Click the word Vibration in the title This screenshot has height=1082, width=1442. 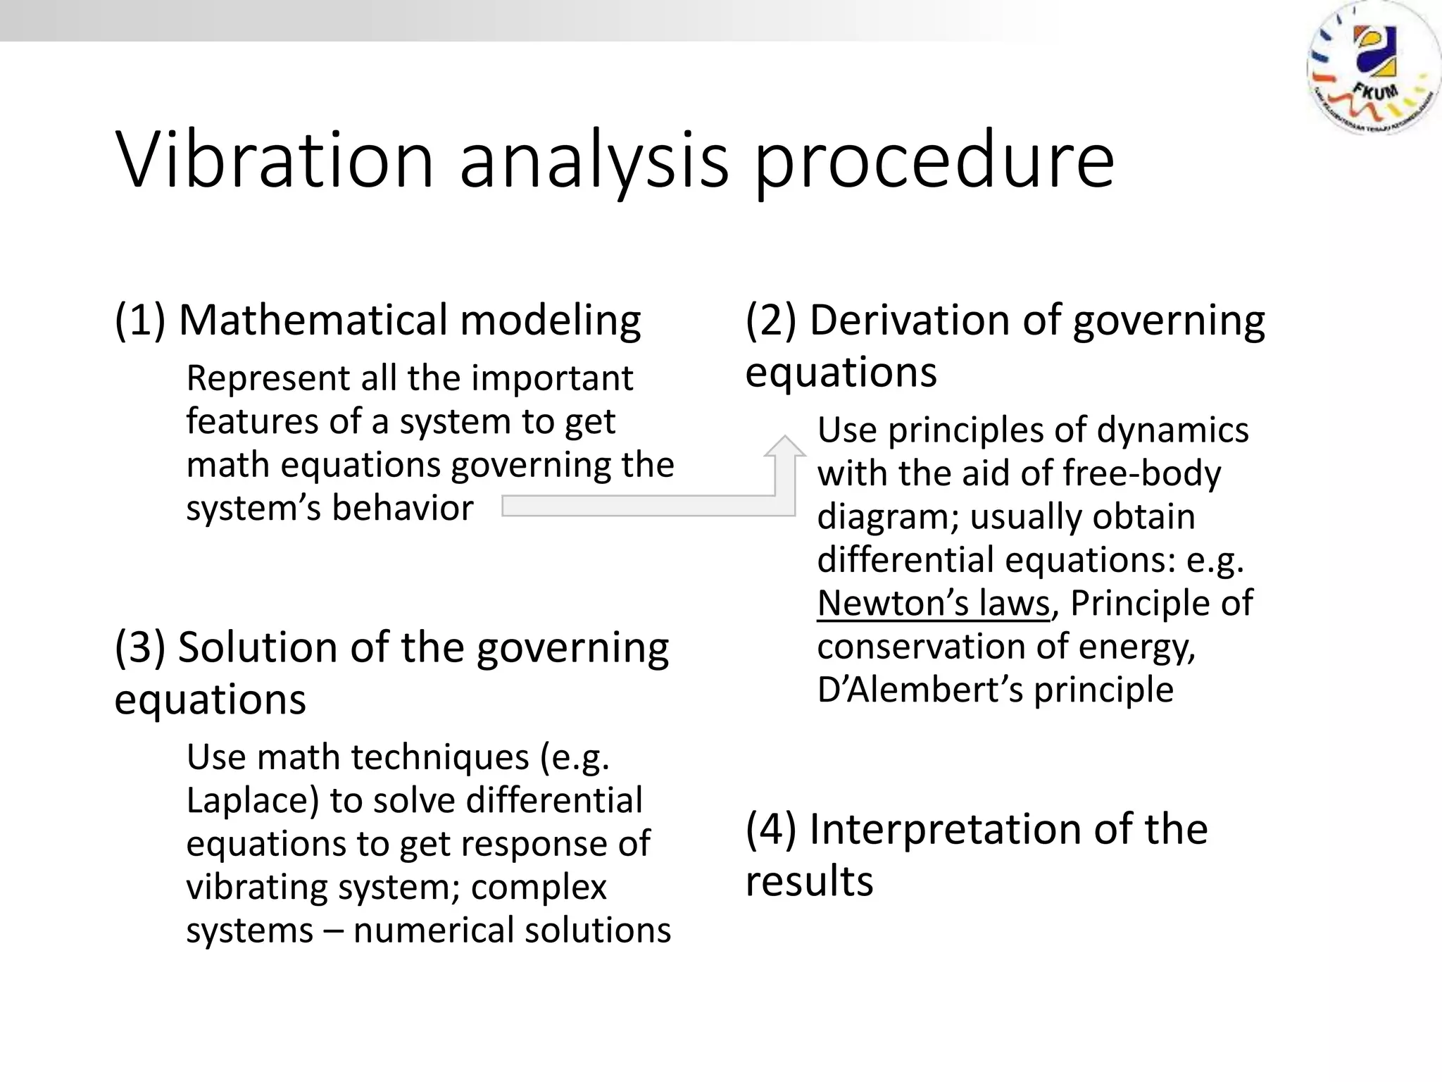pos(275,161)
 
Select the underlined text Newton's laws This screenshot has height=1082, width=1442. pos(934,604)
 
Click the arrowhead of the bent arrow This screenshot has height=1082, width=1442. pos(784,447)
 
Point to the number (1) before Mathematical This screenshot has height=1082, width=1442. pos(140,321)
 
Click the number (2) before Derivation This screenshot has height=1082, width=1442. pos(771,321)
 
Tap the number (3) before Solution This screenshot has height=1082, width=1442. pos(140,647)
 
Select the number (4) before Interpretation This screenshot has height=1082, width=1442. pos(771,829)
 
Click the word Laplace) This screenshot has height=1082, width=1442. pos(252,802)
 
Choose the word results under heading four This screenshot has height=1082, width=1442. pos(809,881)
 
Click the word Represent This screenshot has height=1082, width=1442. pos(267,379)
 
